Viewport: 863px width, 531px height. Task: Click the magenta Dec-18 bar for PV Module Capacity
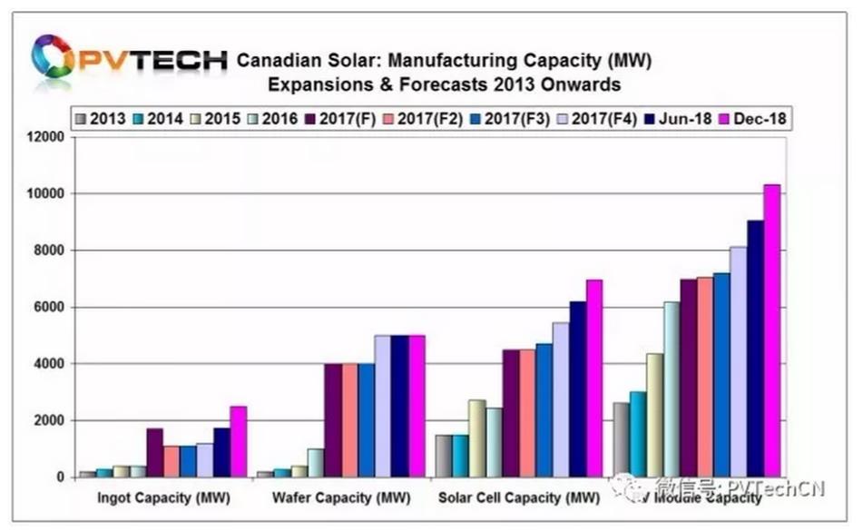(x=771, y=331)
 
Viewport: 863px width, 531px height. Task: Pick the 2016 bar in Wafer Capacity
(x=316, y=463)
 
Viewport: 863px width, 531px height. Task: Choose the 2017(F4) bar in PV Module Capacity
(x=737, y=362)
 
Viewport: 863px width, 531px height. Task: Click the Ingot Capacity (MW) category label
(x=162, y=498)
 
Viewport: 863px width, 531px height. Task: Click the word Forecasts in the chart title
(x=432, y=84)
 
